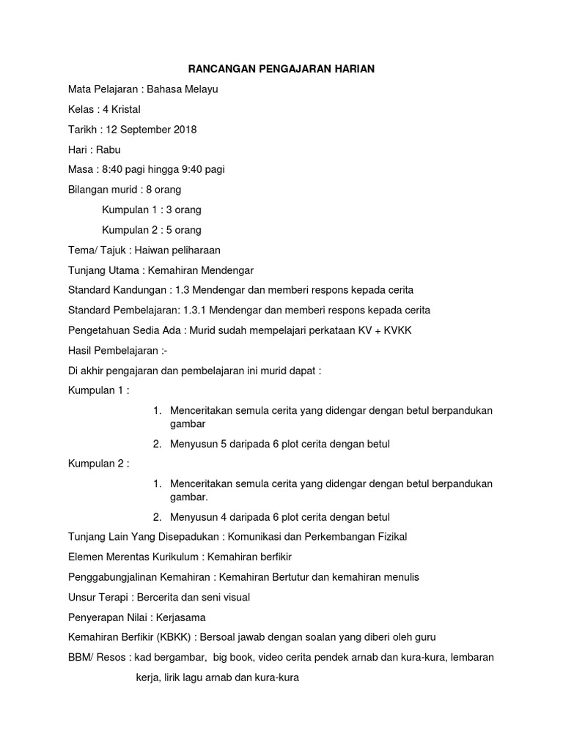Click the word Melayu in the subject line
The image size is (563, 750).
pos(200,89)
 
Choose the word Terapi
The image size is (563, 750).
pos(114,597)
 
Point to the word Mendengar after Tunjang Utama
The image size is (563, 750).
pos(221,270)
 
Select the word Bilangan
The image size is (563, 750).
pos(90,190)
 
